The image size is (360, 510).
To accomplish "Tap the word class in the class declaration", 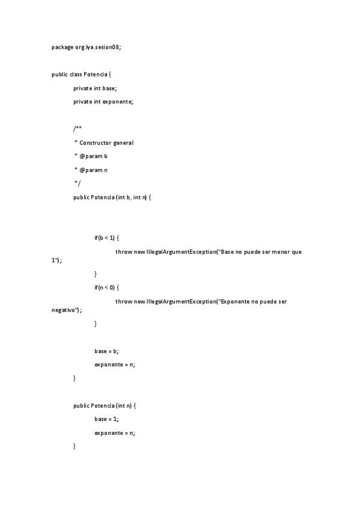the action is pyautogui.click(x=76, y=74).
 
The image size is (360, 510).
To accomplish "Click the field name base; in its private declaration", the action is pyautogui.click(x=110, y=88).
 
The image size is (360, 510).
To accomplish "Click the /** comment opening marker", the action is pyautogui.click(x=78, y=129).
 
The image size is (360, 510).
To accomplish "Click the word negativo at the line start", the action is pyautogui.click(x=63, y=310).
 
